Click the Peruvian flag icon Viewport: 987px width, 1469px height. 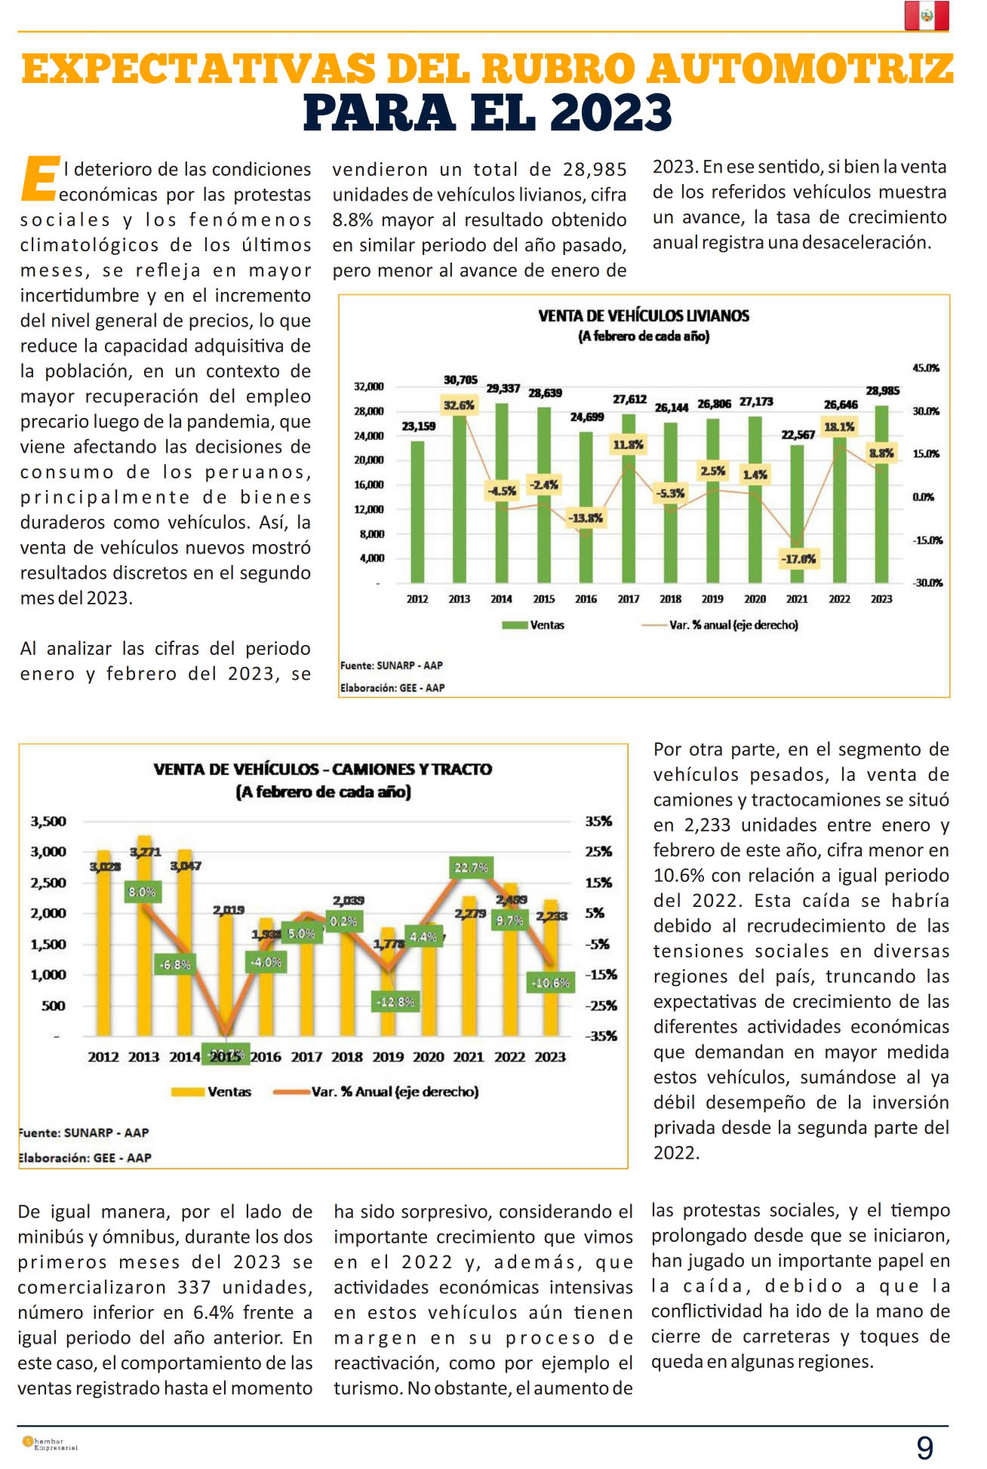[x=926, y=16]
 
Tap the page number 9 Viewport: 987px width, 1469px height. [x=924, y=1448]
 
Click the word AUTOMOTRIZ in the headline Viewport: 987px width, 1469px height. [x=801, y=69]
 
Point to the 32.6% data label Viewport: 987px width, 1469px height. [x=459, y=405]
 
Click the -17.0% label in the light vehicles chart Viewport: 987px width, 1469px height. [x=798, y=559]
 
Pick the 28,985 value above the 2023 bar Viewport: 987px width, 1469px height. [x=882, y=391]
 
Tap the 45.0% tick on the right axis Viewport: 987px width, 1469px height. [x=926, y=368]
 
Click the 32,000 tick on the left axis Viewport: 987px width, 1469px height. [x=369, y=387]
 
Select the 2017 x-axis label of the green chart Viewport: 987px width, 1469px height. [x=628, y=599]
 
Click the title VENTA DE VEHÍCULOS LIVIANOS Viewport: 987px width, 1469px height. [x=644, y=316]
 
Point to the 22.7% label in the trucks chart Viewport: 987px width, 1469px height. [x=471, y=868]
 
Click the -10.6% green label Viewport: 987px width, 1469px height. [x=551, y=982]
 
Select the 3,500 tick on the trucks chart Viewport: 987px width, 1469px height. [x=48, y=822]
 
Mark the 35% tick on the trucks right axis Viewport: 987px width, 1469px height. [x=598, y=822]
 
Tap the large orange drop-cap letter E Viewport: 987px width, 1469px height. [x=40, y=180]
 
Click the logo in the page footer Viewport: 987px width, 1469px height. [x=50, y=1443]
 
